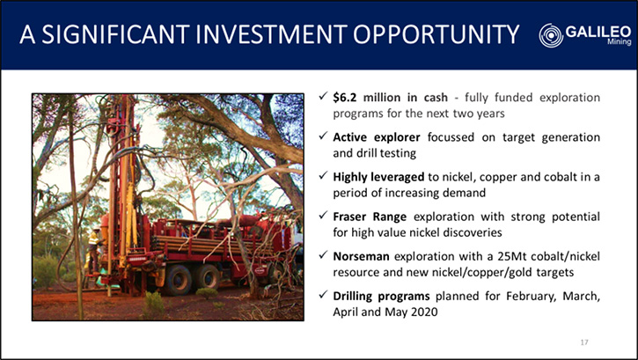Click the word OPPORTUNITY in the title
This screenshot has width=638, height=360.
(436, 34)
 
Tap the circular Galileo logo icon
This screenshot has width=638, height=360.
(551, 35)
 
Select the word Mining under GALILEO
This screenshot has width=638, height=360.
(620, 41)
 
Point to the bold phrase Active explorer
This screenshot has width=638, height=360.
(377, 137)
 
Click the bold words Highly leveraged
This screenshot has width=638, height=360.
(378, 177)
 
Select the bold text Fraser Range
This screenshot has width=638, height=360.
(370, 217)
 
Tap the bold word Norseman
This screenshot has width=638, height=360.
(361, 256)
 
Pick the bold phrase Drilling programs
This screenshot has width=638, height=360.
(381, 296)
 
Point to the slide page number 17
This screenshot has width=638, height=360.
(584, 342)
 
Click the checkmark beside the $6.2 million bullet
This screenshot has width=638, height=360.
(323, 97)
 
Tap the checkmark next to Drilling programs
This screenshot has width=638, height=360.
(323, 295)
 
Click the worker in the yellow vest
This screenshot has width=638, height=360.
(93, 251)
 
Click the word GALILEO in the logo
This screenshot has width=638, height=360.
(598, 32)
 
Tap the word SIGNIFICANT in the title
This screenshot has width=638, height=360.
(115, 34)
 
